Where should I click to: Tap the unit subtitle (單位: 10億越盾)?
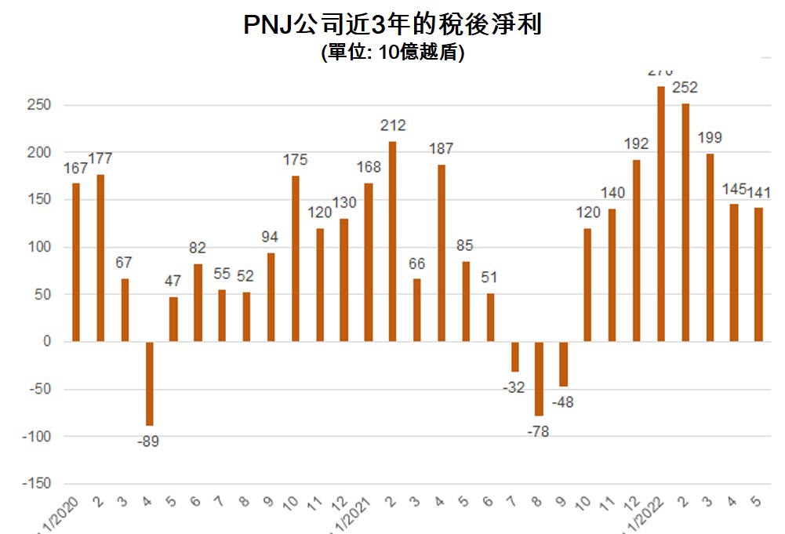point(392,53)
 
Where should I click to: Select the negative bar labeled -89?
point(149,383)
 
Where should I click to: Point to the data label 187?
point(442,149)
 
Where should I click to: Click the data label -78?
point(539,431)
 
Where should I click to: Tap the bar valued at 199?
point(710,248)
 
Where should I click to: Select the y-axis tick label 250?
point(37,105)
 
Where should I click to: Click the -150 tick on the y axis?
point(35,484)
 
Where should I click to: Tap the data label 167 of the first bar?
point(76,168)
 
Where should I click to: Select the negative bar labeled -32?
point(515,357)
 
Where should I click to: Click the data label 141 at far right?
point(759,192)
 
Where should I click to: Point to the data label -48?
point(564,402)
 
